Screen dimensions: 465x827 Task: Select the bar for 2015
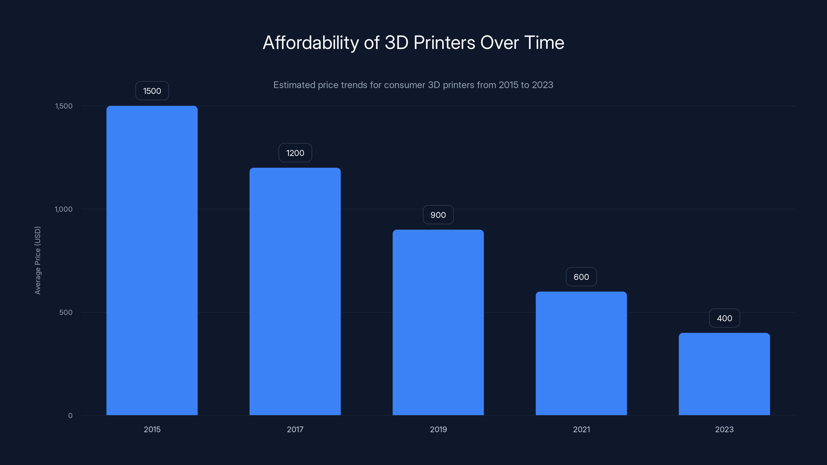(x=152, y=260)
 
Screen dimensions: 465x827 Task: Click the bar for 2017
(x=295, y=291)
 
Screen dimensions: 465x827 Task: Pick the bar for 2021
(x=581, y=353)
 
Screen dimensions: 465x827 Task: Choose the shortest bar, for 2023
(x=724, y=374)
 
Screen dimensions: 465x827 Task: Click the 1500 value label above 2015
(x=152, y=91)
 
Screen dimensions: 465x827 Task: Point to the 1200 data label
(x=295, y=153)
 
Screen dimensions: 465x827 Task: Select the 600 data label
(x=581, y=277)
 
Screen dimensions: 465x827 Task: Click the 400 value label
(x=724, y=318)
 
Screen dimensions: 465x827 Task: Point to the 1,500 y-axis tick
(x=64, y=106)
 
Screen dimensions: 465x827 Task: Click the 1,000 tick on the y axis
(x=64, y=209)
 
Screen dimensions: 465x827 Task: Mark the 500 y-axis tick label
(x=66, y=312)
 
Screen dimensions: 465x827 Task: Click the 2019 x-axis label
(x=438, y=429)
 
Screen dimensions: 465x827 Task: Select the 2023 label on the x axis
(x=724, y=429)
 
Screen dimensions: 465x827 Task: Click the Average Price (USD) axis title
(x=37, y=260)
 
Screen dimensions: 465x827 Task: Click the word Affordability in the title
(x=310, y=43)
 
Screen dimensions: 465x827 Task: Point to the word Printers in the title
(x=444, y=43)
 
